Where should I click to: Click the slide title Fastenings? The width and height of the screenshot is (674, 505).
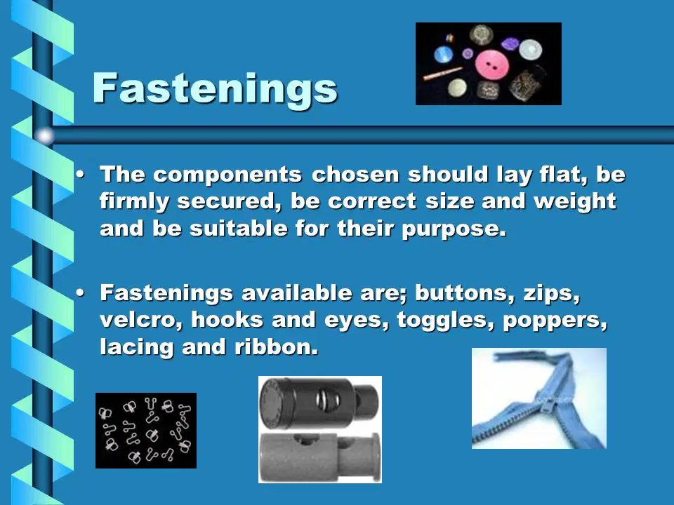(215, 88)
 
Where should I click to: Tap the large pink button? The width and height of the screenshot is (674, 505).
(492, 65)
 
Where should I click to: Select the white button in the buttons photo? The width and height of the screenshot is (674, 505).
(530, 49)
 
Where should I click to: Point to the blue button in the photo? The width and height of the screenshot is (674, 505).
(443, 55)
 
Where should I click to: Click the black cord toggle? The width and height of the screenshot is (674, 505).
(320, 403)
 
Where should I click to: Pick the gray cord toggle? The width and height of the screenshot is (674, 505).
(320, 456)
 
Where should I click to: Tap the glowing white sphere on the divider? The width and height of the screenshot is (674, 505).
(44, 135)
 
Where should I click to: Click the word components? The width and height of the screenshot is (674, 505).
(227, 175)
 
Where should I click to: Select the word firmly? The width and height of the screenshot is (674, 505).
(135, 202)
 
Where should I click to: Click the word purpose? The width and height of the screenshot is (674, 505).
(454, 229)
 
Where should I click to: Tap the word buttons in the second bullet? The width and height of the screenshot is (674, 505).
(465, 293)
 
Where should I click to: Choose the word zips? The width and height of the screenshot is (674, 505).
(552, 294)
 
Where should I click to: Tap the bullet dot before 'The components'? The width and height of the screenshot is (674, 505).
(80, 175)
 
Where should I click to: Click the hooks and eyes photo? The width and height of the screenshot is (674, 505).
(146, 430)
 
